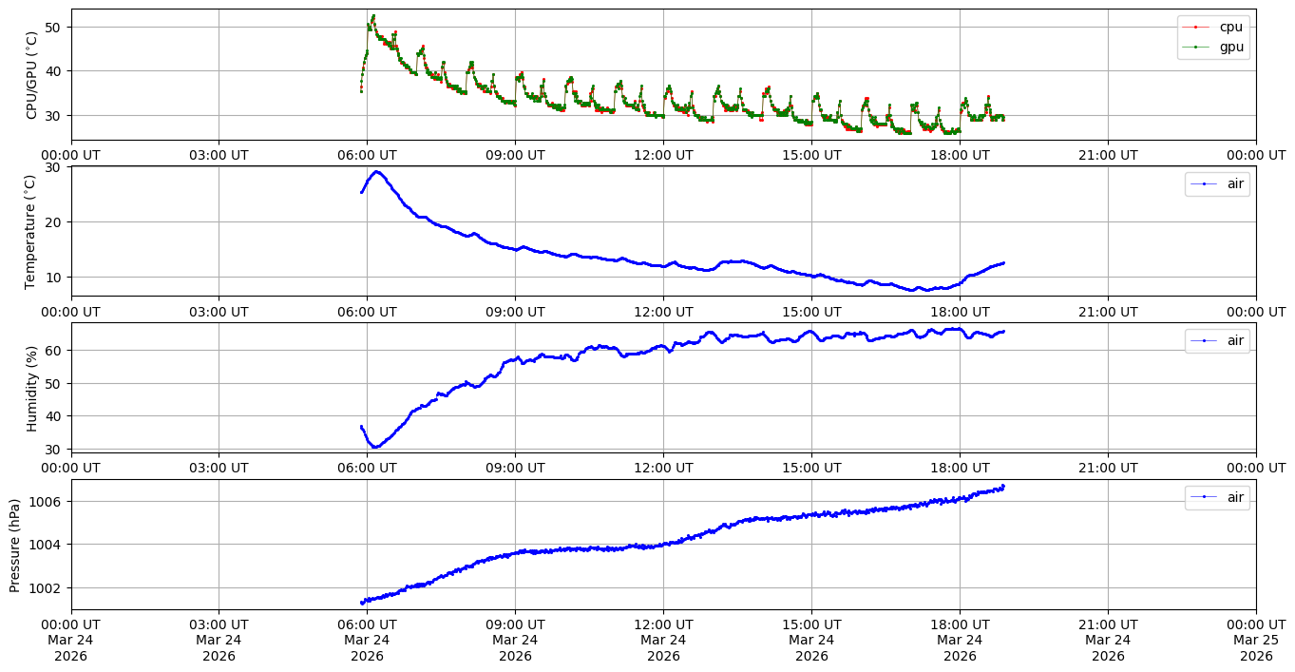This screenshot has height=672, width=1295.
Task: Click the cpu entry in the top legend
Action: [1230, 27]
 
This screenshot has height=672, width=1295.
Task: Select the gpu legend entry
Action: [1230, 46]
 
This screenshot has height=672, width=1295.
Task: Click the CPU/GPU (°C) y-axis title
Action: [31, 75]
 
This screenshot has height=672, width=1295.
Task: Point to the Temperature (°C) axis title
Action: [31, 231]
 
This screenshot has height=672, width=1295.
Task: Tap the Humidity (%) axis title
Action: [31, 388]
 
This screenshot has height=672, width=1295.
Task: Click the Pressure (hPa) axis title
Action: [15, 545]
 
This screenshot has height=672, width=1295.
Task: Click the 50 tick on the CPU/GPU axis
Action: [53, 27]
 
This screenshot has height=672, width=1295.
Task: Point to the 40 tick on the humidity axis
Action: [53, 415]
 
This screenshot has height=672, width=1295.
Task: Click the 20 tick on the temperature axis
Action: [53, 221]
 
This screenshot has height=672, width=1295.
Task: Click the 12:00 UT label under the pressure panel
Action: [663, 624]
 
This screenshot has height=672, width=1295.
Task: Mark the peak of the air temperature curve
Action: [377, 172]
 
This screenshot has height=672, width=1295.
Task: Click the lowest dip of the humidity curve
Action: [375, 447]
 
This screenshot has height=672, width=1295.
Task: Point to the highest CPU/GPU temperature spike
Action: [373, 15]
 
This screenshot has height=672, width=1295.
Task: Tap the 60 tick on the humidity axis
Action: [53, 350]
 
